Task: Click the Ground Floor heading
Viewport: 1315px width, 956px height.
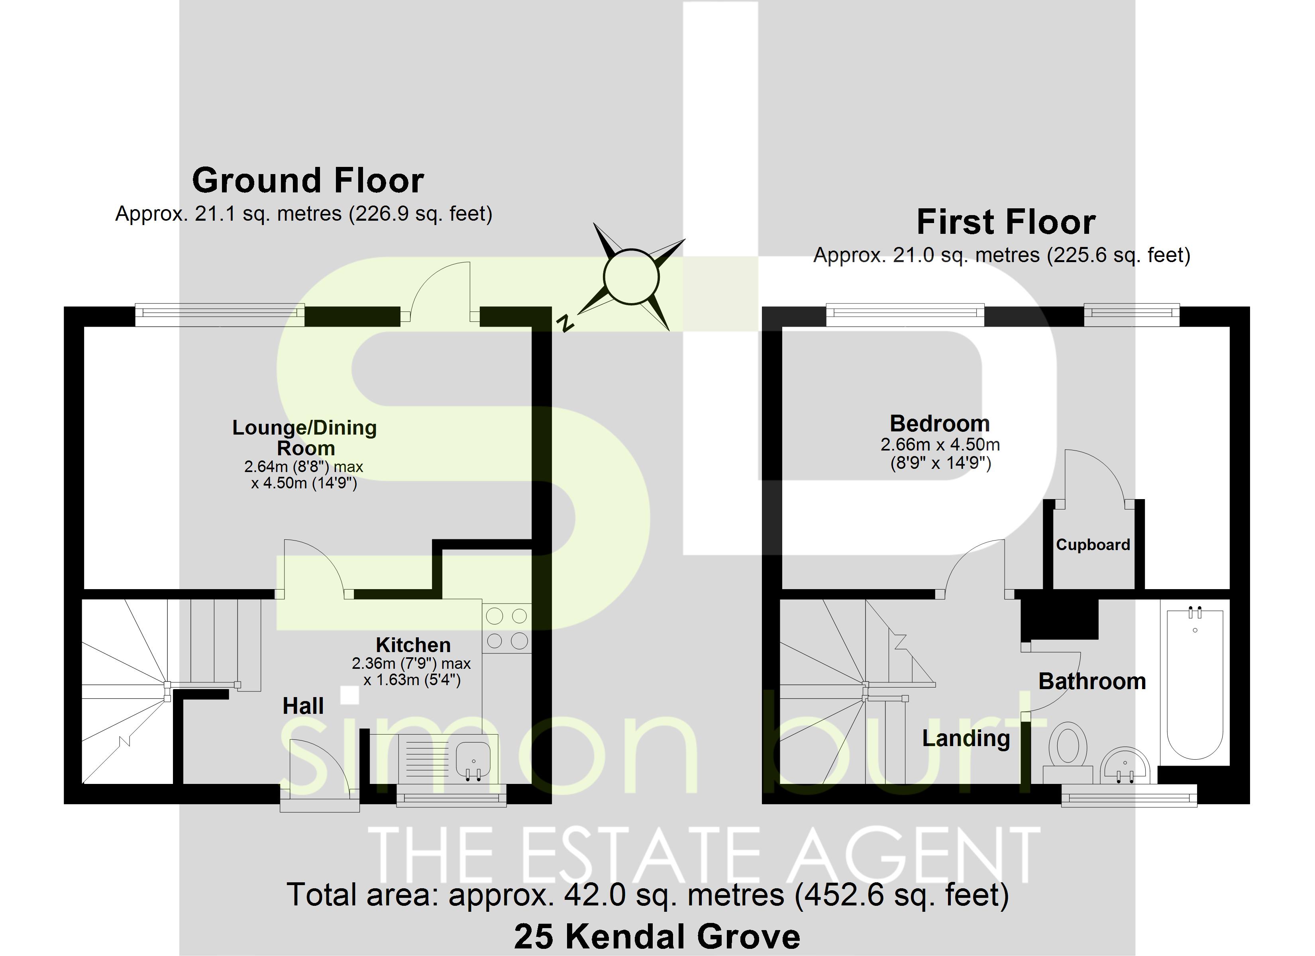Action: (x=308, y=180)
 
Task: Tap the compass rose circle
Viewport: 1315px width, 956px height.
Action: (x=631, y=276)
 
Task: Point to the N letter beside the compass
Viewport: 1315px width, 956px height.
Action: (x=565, y=323)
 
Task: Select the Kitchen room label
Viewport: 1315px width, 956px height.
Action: (x=413, y=645)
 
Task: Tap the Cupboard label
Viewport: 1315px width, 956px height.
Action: (x=1093, y=545)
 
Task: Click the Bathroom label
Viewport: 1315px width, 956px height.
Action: (x=1092, y=681)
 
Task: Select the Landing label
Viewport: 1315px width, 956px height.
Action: (x=966, y=738)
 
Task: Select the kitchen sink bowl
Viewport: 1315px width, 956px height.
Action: (x=473, y=758)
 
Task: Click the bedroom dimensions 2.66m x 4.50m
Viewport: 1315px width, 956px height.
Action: (x=940, y=445)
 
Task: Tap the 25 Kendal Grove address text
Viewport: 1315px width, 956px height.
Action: (x=657, y=936)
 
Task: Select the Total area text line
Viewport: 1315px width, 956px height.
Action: (x=647, y=895)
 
